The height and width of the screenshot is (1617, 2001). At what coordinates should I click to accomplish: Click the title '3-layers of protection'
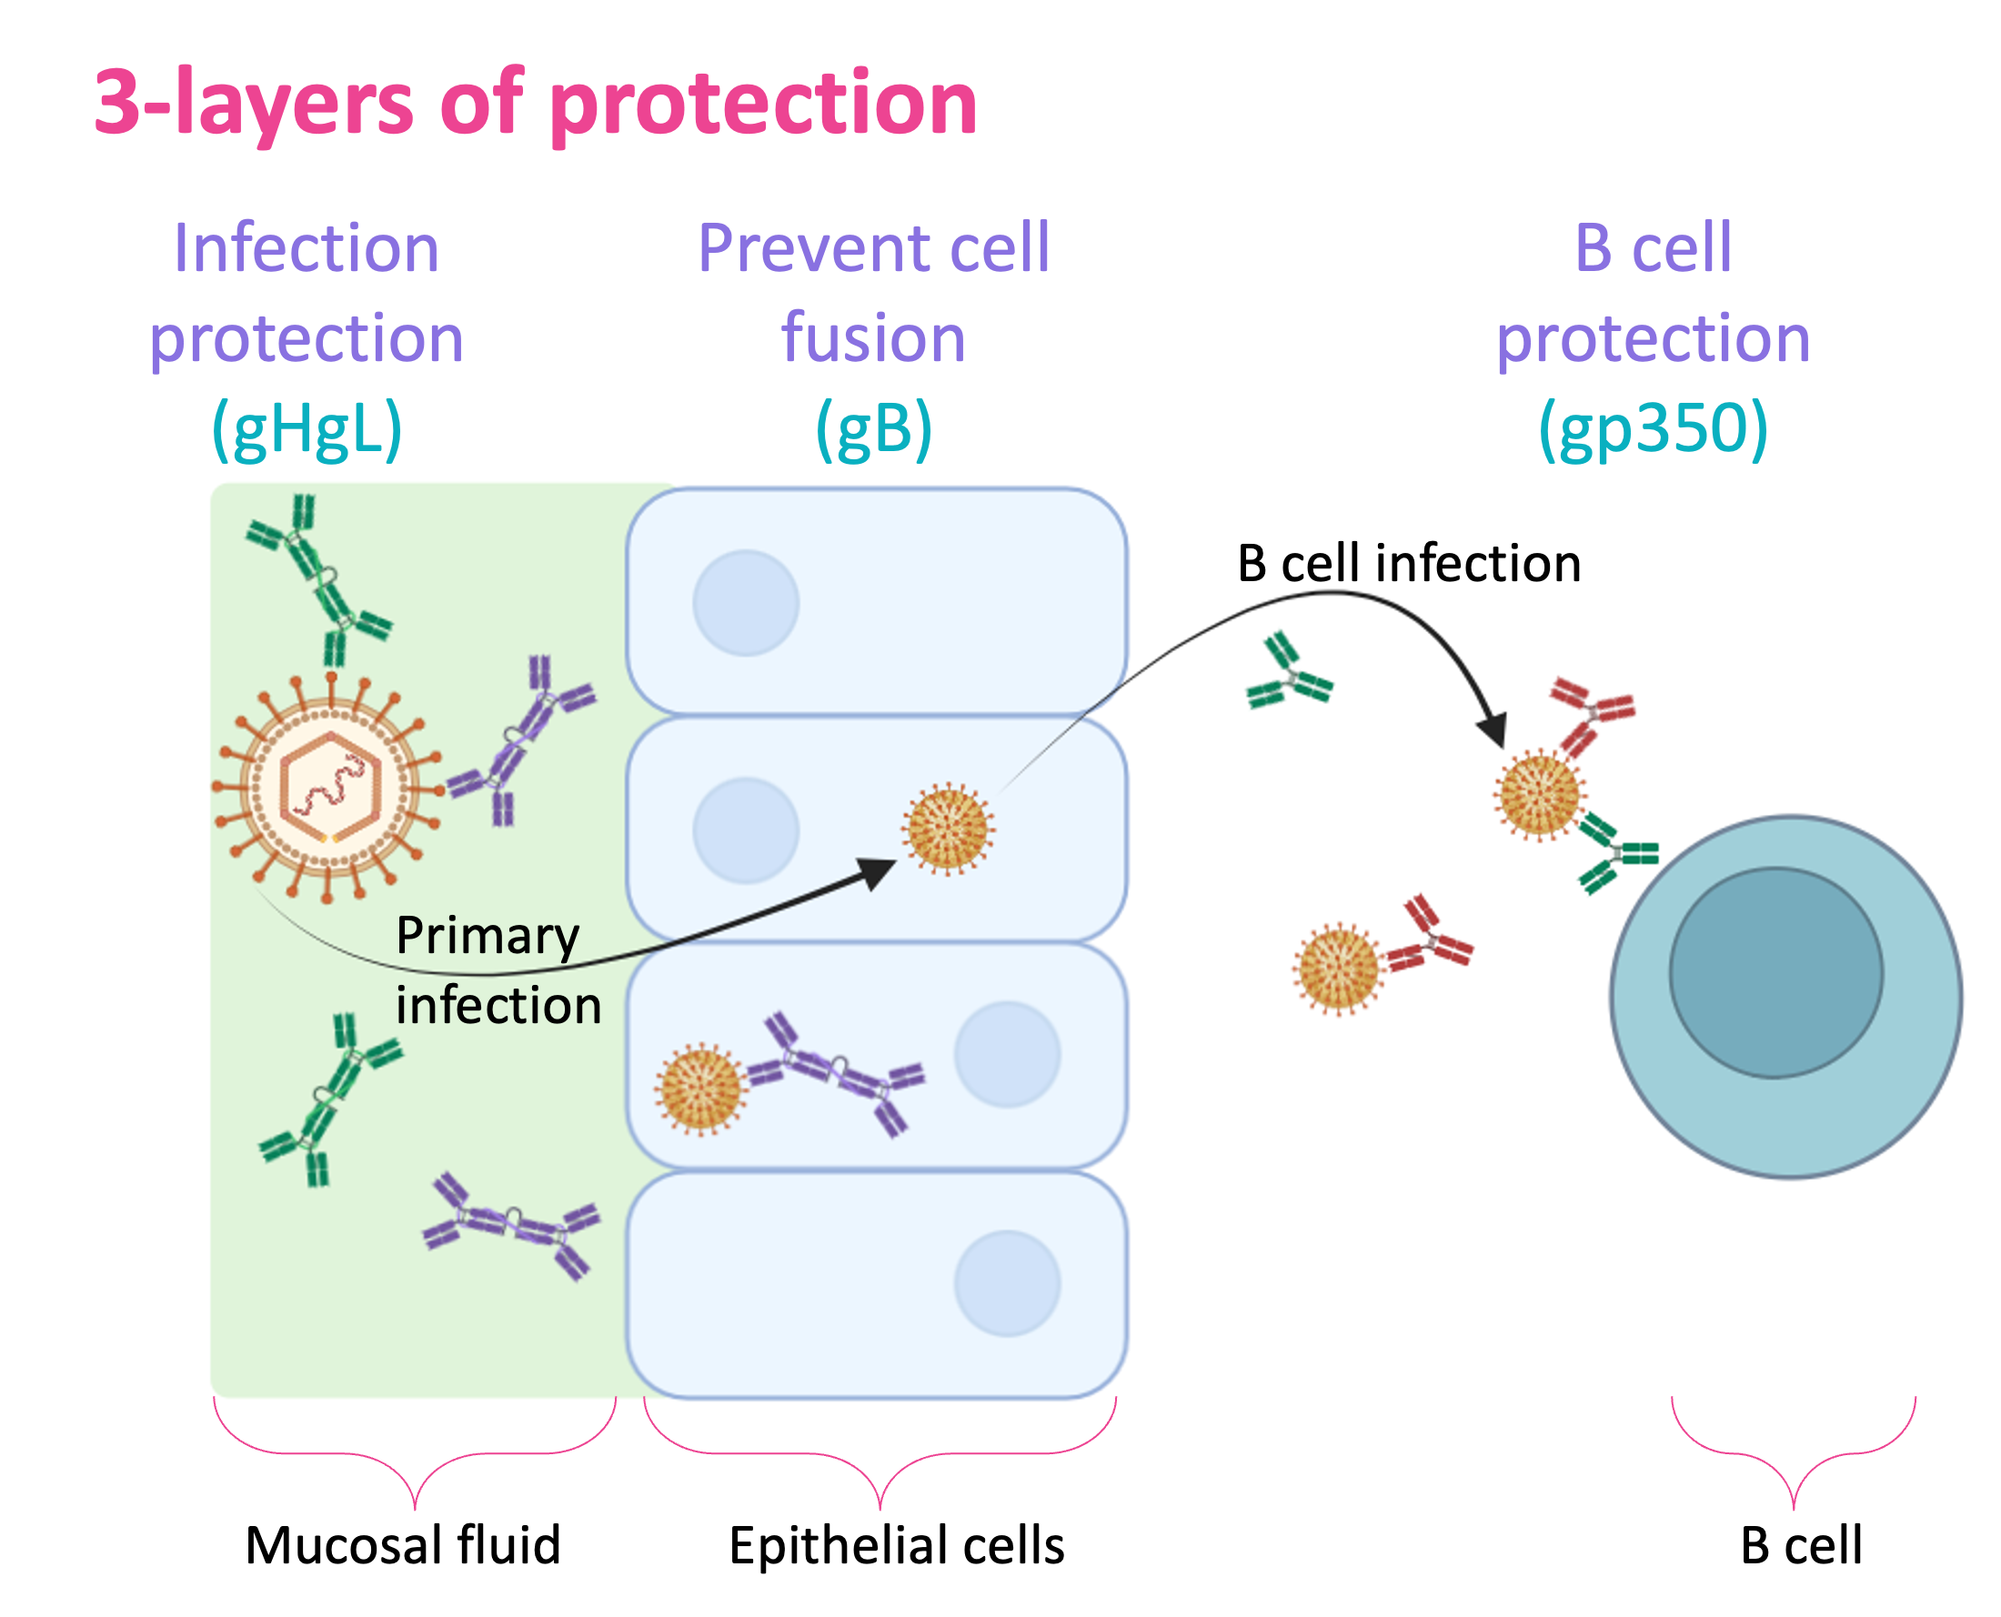click(536, 104)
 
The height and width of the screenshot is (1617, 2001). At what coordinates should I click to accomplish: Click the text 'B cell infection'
click(1410, 564)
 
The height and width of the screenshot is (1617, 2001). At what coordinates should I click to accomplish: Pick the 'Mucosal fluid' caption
click(403, 1545)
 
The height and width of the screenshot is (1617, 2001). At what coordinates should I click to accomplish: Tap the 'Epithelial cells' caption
click(897, 1546)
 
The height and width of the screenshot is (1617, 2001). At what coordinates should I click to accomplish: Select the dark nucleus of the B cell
click(1775, 973)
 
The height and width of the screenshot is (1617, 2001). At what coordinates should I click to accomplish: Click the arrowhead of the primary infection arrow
click(878, 873)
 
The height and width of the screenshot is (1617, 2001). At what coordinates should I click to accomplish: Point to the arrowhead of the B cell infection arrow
click(1493, 730)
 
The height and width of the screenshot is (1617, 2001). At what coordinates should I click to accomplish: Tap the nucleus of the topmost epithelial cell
click(746, 603)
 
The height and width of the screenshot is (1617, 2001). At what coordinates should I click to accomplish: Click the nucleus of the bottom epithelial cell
click(1007, 1283)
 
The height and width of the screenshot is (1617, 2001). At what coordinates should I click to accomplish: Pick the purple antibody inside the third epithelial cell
click(836, 1073)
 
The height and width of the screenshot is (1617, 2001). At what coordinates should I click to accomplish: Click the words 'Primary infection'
click(498, 970)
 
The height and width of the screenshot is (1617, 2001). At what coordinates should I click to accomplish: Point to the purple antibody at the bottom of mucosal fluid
click(511, 1225)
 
